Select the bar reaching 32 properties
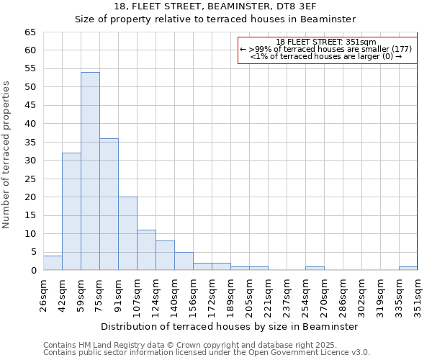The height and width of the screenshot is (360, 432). pos(71,212)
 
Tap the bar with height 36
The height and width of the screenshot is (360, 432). pos(109,204)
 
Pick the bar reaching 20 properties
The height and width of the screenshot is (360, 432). pos(127,234)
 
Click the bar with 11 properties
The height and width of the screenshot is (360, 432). pos(146,251)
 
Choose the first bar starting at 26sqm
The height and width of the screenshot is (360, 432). pos(53,263)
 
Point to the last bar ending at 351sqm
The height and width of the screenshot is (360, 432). pos(408,269)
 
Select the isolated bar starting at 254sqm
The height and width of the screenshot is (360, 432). pos(315,269)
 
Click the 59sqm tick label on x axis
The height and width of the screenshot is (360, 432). pos(81,294)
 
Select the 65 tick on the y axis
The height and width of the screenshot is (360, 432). pos(30,32)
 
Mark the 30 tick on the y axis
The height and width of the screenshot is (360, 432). pos(30,161)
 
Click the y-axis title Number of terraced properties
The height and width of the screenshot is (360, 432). pos(6,154)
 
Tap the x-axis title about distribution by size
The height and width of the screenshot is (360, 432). pos(230,326)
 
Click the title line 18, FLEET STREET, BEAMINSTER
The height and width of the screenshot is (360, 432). pos(215,6)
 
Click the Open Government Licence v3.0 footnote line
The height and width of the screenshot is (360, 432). pos(206,353)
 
